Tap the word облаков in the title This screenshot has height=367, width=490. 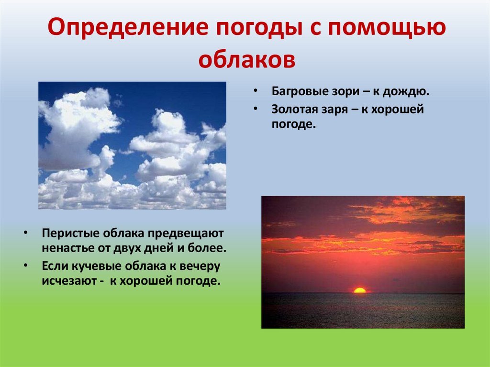(x=247, y=59)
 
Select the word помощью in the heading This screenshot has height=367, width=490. (x=387, y=27)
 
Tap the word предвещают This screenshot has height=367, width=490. (x=186, y=234)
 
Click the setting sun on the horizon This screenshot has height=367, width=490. (x=360, y=290)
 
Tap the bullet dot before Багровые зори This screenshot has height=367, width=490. (x=256, y=91)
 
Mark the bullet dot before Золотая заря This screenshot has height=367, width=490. (x=256, y=109)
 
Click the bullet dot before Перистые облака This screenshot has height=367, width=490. (x=25, y=233)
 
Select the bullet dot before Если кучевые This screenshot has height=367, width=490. (x=25, y=266)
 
